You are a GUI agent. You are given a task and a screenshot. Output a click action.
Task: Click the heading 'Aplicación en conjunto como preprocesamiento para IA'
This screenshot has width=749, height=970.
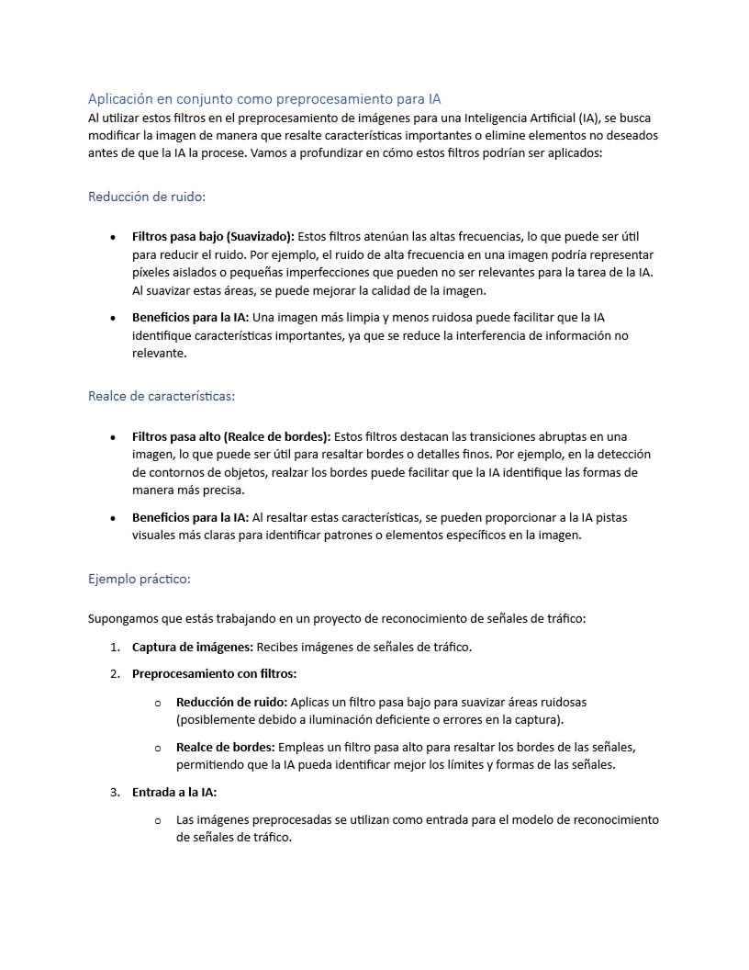pos(264,98)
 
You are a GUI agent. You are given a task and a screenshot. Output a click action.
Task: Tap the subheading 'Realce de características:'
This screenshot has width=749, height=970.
pos(162,397)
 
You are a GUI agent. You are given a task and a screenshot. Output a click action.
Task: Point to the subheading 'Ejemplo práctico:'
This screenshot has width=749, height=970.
pos(140,579)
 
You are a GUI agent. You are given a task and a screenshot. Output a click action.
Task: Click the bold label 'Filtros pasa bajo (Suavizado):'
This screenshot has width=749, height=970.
pos(213,236)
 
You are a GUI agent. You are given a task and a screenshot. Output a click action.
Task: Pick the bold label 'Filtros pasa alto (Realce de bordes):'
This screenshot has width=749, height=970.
pos(231,436)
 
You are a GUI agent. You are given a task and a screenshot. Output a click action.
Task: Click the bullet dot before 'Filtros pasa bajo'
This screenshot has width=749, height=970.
pos(112,237)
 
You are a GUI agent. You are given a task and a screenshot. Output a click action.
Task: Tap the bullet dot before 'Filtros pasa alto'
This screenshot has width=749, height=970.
pos(112,437)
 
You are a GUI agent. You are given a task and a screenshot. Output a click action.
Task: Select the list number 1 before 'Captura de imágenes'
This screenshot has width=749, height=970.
pos(115,647)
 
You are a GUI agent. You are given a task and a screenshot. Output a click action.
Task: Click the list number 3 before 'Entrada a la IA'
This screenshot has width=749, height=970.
pos(115,792)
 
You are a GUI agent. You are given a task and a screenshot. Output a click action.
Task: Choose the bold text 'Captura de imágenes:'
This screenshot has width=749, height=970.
pos(193,647)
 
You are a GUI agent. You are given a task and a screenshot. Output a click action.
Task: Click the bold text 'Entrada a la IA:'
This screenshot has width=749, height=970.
pos(174,792)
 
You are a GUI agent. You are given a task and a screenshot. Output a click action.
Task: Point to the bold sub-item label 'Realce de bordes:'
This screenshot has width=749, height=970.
pos(226,747)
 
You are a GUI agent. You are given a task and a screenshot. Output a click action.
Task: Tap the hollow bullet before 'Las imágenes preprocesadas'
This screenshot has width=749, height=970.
pos(158,820)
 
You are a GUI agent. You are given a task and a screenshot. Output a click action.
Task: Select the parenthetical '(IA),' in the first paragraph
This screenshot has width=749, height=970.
pos(592,118)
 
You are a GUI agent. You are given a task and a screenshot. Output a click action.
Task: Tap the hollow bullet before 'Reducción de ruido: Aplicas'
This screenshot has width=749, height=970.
pos(158,703)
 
